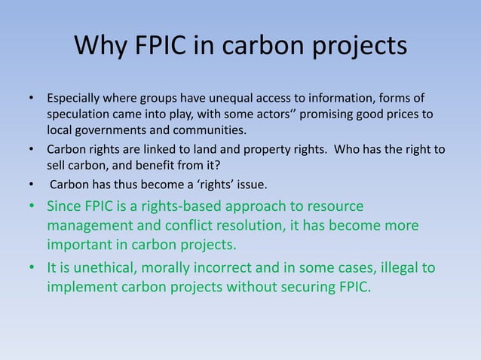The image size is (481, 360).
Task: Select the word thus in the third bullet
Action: pos(118,182)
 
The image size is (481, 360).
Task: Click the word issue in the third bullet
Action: pos(250,182)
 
